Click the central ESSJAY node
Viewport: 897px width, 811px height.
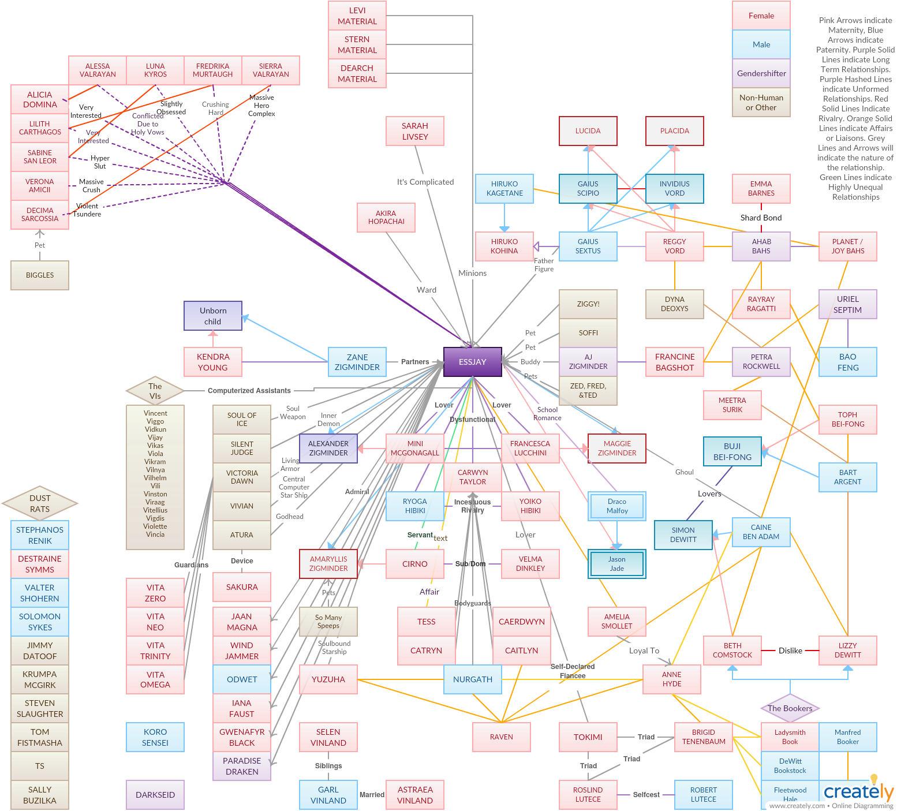pos(472,362)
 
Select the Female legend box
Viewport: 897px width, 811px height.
pos(761,16)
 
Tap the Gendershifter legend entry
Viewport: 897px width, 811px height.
pos(761,73)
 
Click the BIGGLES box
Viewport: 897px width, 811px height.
pos(40,275)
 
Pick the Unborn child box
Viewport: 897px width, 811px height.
pos(212,316)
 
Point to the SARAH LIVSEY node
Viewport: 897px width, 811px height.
pos(414,131)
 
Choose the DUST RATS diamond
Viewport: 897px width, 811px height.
pos(40,503)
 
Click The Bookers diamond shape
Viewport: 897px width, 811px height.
pos(790,708)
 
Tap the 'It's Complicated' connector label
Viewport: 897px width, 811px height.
pos(425,182)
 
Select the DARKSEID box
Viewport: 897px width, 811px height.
pos(155,795)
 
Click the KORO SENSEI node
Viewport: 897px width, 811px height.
pos(155,737)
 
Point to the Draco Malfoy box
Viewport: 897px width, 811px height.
pos(616,506)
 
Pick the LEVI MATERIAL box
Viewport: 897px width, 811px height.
pos(357,16)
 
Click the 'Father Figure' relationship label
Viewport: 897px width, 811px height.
pos(544,265)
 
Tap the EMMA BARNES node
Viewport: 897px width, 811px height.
pos(761,189)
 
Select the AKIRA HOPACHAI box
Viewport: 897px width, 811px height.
pos(386,218)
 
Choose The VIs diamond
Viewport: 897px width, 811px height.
pos(155,391)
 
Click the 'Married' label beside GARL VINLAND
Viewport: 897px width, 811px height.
pos(372,795)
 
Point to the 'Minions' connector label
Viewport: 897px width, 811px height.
pos(472,273)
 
